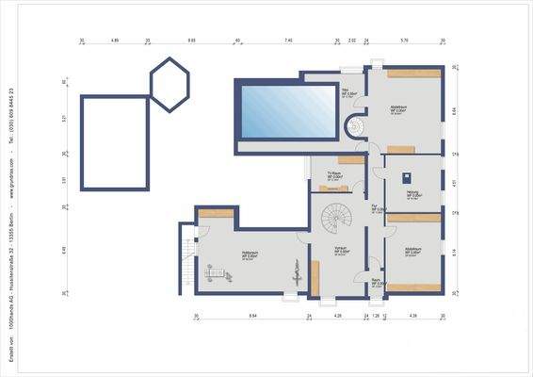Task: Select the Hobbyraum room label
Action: (250, 254)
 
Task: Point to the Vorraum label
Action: (344, 250)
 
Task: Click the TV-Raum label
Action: (333, 174)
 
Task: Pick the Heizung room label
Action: (412, 193)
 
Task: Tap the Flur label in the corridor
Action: (375, 206)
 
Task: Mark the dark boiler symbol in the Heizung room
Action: (406, 176)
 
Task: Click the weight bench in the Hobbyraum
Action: (219, 274)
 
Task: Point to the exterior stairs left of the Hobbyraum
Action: (187, 258)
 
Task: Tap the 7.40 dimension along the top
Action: (288, 41)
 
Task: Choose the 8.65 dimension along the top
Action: (192, 41)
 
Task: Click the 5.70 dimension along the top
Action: (404, 41)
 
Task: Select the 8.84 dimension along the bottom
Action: (251, 316)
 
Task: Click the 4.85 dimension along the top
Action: (115, 41)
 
